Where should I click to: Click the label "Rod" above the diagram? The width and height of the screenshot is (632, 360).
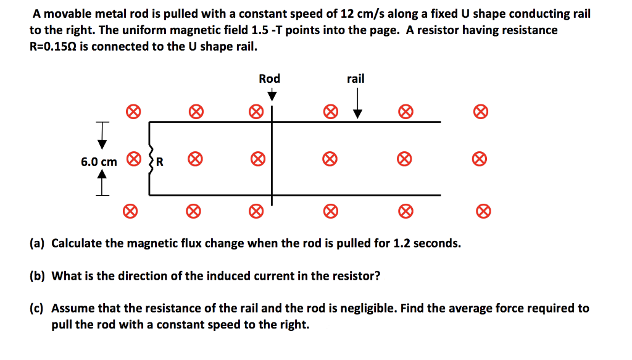(x=269, y=78)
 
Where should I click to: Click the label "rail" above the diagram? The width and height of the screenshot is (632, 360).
(x=355, y=78)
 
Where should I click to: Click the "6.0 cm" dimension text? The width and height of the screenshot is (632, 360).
(x=99, y=162)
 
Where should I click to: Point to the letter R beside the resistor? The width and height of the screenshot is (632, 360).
(x=159, y=162)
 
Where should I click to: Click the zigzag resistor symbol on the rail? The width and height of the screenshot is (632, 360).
(x=150, y=161)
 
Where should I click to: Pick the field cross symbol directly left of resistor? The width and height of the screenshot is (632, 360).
(x=132, y=159)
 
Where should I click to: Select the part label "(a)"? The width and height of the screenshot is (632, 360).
(x=38, y=243)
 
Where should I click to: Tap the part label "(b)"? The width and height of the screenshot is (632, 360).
(x=38, y=275)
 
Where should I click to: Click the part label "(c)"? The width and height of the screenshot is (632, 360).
(x=38, y=308)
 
